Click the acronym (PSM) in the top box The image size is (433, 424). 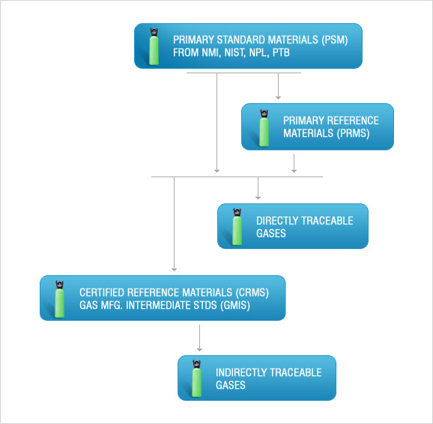pyautogui.click(x=334, y=40)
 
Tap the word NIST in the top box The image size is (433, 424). pyautogui.click(x=234, y=52)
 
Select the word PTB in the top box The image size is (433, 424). pyautogui.click(x=281, y=52)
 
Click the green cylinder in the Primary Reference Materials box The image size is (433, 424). pyautogui.click(x=264, y=128)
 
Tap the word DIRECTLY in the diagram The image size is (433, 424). pyautogui.click(x=277, y=221)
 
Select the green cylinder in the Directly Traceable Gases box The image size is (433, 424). pyautogui.click(x=237, y=227)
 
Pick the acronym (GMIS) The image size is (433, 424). pyautogui.click(x=235, y=305)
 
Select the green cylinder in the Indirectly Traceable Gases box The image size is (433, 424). pyautogui.click(x=196, y=378)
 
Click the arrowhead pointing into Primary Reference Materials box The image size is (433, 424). pyautogui.click(x=278, y=98)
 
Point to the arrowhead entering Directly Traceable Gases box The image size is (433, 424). pyautogui.click(x=258, y=197)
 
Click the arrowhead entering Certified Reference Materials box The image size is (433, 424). pyautogui.click(x=174, y=269)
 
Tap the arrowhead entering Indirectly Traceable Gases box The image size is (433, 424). pyautogui.click(x=199, y=349)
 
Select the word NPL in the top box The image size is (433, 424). pyautogui.click(x=258, y=52)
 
